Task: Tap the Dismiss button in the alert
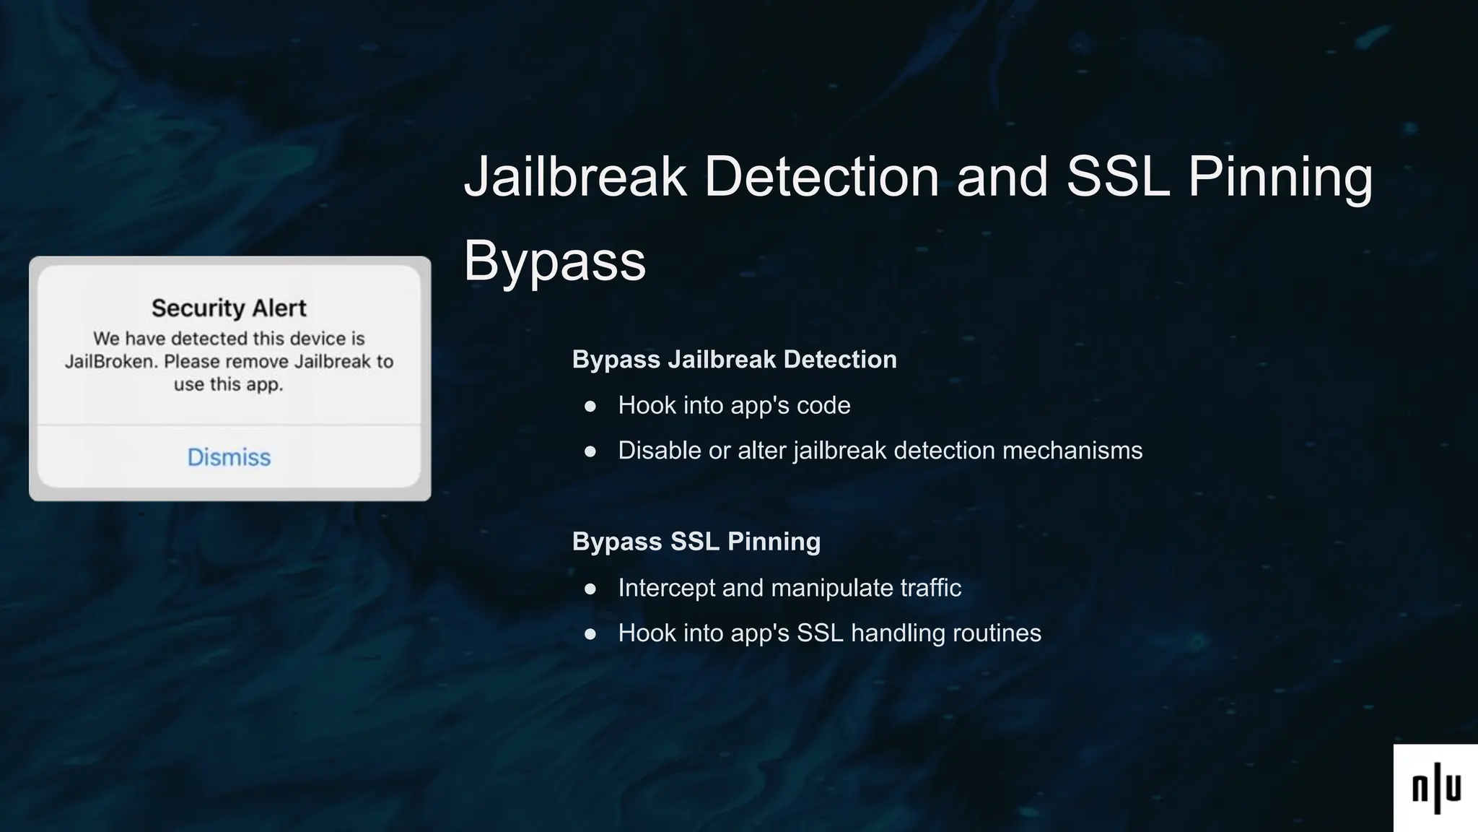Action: click(x=229, y=457)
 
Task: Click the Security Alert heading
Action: click(x=229, y=308)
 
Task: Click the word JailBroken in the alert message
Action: click(x=110, y=361)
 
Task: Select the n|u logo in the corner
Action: click(x=1435, y=788)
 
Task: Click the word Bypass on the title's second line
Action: click(x=554, y=261)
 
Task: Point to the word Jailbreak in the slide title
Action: click(x=575, y=176)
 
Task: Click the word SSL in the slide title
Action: click(x=1117, y=176)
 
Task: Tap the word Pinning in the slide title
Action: click(x=1280, y=176)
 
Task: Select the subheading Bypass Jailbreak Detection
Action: click(x=734, y=360)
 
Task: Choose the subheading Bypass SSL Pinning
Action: click(x=696, y=542)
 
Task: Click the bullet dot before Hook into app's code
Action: click(x=590, y=407)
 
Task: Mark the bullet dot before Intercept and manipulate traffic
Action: click(x=590, y=589)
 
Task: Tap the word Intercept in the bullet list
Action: click(x=666, y=588)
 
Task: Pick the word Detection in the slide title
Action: click(x=821, y=176)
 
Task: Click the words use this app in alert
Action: click(x=228, y=384)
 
